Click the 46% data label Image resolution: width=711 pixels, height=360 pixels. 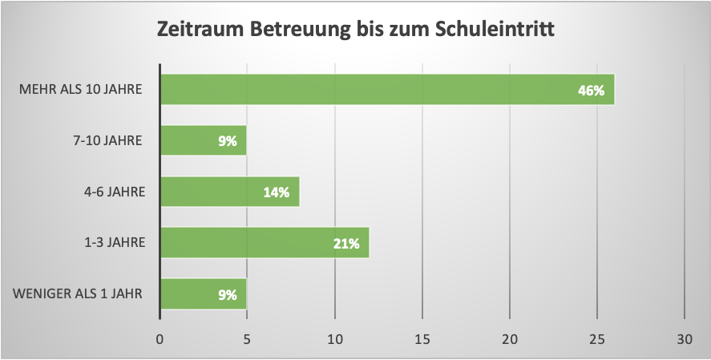coord(591,90)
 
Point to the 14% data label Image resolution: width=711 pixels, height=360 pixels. coord(276,192)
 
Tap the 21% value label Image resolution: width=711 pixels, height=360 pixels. coord(345,244)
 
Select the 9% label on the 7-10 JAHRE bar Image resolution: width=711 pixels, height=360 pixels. coord(227,141)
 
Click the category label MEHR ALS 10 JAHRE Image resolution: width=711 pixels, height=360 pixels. coord(80,89)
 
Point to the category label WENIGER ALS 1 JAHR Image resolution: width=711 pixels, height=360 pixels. coord(78,293)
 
